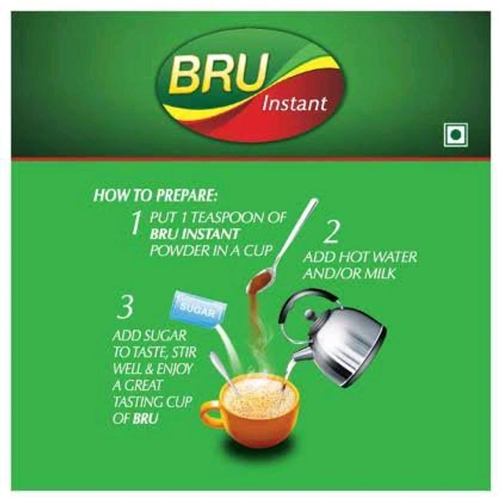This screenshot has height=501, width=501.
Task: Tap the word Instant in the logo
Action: click(294, 104)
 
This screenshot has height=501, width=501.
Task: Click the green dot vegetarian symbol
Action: click(456, 135)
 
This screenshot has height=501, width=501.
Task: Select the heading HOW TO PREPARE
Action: click(155, 195)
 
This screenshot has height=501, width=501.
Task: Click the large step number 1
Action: click(136, 223)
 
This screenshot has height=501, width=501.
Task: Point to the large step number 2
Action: click(331, 231)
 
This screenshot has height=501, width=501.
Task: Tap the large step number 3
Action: click(125, 307)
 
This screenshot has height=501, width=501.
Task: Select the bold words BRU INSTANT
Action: click(195, 234)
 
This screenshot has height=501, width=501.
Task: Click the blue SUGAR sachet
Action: click(199, 309)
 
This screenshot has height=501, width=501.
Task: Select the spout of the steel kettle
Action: click(301, 354)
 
